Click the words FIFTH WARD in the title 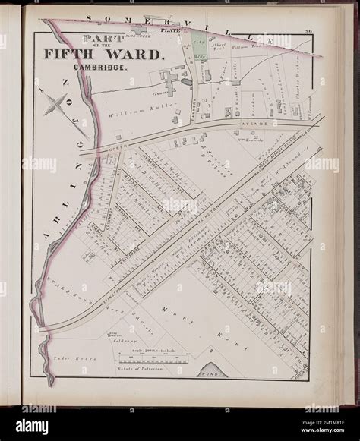[x=115, y=55]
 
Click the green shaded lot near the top [x=199, y=43]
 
